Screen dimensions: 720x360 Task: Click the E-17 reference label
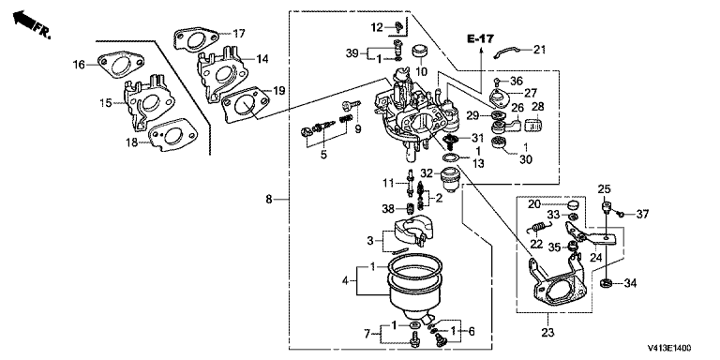tap(481, 39)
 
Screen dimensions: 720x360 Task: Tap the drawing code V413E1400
tap(669, 348)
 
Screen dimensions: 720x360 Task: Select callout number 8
tap(269, 200)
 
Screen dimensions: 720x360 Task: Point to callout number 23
tap(549, 332)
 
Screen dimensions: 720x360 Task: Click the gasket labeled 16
tap(120, 65)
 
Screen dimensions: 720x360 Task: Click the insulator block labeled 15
tap(148, 103)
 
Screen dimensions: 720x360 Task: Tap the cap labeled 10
tap(420, 51)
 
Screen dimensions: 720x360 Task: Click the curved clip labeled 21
tap(506, 52)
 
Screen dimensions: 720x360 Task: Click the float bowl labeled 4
tap(415, 292)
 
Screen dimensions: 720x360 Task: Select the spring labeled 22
tap(540, 228)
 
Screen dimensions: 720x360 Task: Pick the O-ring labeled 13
tap(451, 158)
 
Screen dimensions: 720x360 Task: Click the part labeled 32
tap(451, 180)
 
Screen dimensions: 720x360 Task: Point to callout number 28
tap(538, 107)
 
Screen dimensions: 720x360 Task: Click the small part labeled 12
tap(399, 27)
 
